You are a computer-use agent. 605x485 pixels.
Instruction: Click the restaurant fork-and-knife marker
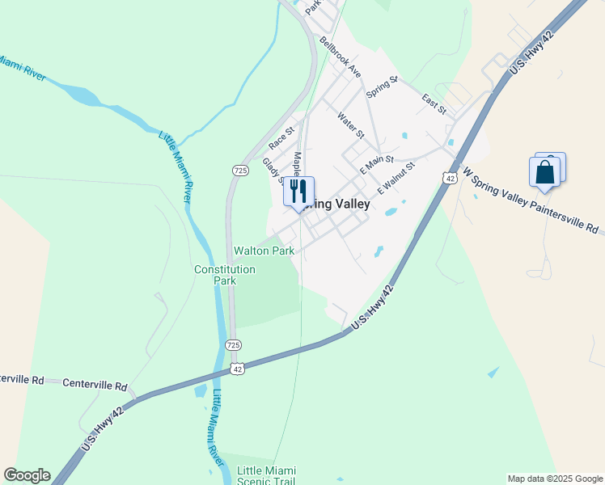point(298,192)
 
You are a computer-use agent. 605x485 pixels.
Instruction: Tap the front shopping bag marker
point(544,172)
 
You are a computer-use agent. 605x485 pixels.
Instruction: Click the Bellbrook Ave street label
point(340,56)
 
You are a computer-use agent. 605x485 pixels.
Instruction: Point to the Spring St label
point(383,87)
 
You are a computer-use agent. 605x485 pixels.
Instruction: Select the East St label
point(434,103)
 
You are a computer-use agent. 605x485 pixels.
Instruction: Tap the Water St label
point(352,124)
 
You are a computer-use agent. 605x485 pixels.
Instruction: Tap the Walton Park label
point(264,251)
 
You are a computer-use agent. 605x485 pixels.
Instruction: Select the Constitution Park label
point(224,275)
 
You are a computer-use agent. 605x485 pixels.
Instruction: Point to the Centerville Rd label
point(95,386)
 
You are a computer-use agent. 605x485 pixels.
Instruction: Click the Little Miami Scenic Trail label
point(266,476)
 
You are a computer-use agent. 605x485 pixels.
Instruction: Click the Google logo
point(27,475)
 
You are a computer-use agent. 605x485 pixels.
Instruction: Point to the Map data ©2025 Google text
point(554,479)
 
